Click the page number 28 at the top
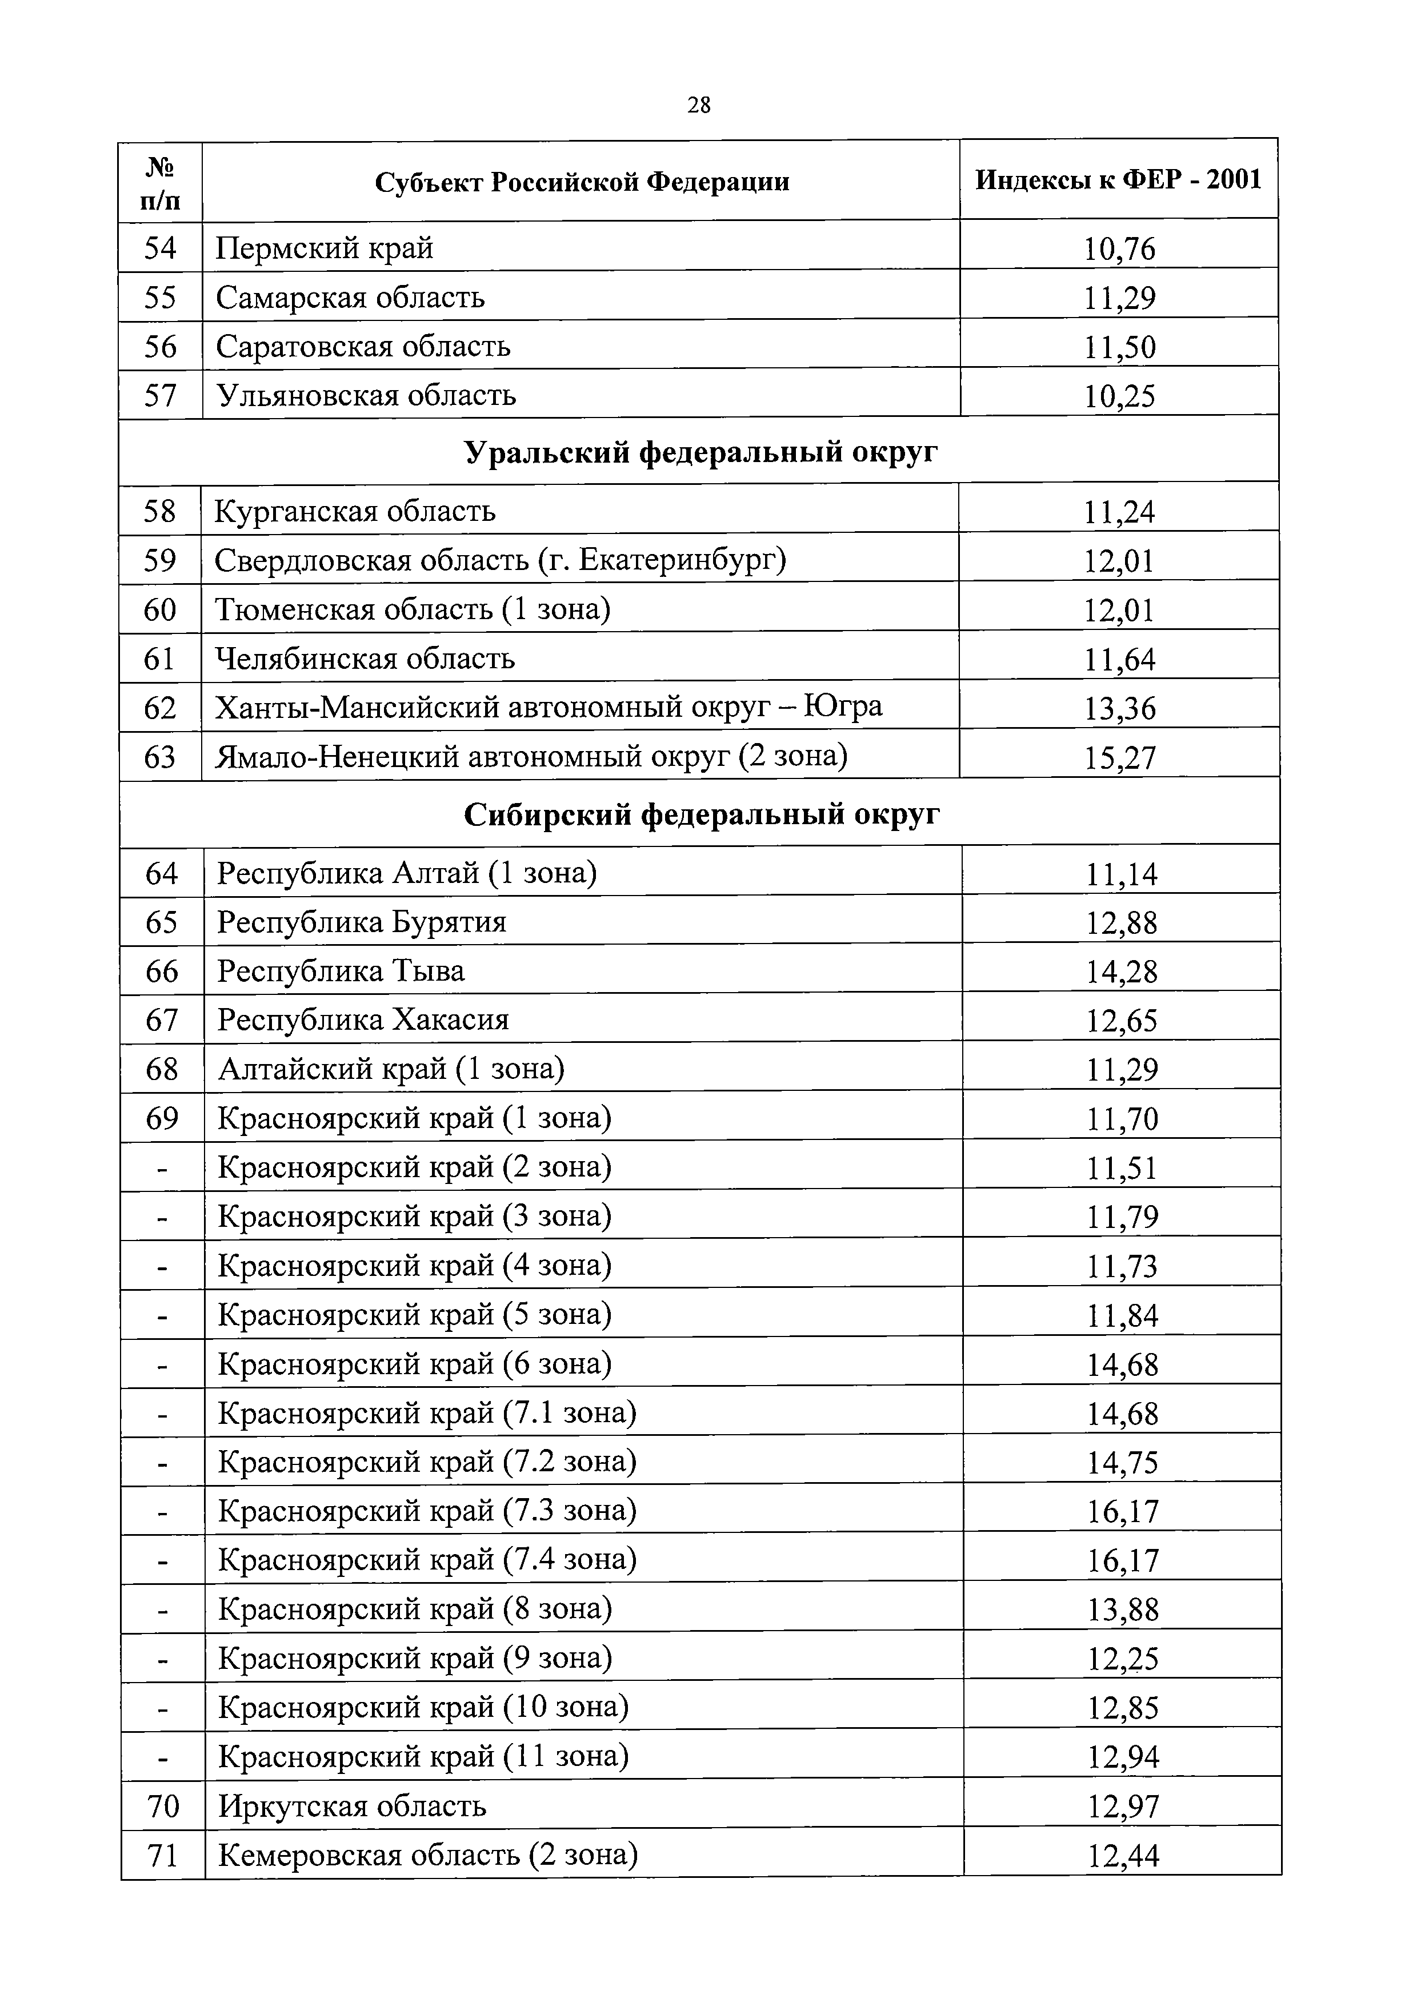coord(699,106)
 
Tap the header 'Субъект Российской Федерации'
coord(582,182)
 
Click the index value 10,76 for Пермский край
coord(1119,250)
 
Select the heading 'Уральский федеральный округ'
coord(701,452)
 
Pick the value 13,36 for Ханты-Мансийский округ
coord(1119,708)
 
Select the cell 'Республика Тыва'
coord(341,971)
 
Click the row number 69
coord(162,1118)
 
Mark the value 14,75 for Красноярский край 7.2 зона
coord(1122,1462)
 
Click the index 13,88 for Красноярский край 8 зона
coord(1122,1609)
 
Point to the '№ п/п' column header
coord(161,182)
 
